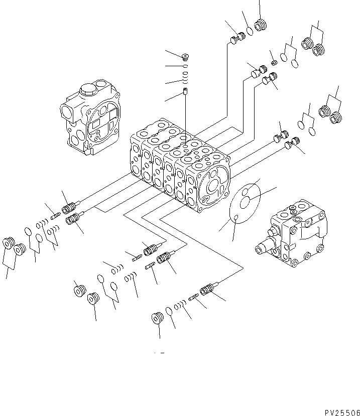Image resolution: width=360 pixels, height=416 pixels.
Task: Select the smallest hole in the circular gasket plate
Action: tap(235, 217)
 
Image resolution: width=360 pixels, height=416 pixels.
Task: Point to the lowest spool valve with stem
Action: tap(208, 290)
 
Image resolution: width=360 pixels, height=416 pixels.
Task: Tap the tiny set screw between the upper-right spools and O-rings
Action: tap(274, 62)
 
